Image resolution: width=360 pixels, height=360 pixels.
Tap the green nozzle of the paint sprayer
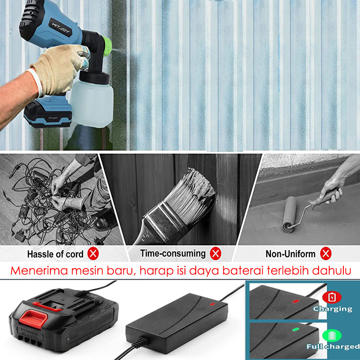(107, 46)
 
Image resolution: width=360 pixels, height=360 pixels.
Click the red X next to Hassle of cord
(93, 254)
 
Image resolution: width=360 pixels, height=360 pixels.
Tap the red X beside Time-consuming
(216, 253)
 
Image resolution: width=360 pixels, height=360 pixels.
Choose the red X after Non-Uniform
(326, 253)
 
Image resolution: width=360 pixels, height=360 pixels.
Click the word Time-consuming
(173, 253)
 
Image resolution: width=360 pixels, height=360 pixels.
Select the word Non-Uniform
(290, 254)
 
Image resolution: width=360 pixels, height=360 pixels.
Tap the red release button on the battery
(33, 319)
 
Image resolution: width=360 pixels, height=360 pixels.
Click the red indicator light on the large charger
(212, 304)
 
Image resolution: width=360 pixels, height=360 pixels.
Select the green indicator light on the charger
(295, 329)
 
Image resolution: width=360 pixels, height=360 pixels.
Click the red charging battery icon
(332, 297)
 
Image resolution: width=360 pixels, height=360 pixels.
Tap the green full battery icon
(332, 336)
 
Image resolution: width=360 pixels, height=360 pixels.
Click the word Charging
(333, 309)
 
